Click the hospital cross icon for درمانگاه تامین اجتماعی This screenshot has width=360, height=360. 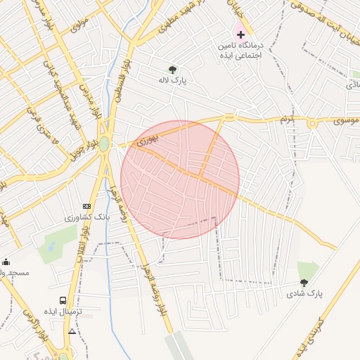pyautogui.click(x=240, y=34)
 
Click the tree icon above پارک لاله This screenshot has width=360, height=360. pyautogui.click(x=172, y=69)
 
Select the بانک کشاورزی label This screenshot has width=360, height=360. pyautogui.click(x=83, y=218)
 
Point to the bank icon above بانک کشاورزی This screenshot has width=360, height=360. pyautogui.click(x=86, y=206)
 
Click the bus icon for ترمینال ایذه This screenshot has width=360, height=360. pyautogui.click(x=63, y=300)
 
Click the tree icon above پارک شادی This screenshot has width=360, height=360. pyautogui.click(x=304, y=283)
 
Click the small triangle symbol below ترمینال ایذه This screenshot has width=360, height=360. pyautogui.click(x=72, y=330)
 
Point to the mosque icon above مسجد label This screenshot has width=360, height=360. pyautogui.click(x=6, y=262)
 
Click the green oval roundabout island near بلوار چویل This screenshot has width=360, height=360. pyautogui.click(x=104, y=143)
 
